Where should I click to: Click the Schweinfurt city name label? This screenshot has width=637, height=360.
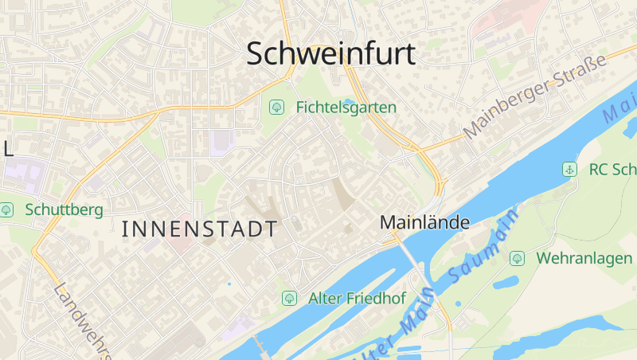coord(330,54)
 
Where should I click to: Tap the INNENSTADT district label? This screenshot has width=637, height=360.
coord(200,229)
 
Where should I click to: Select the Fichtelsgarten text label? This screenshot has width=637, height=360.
coord(346,106)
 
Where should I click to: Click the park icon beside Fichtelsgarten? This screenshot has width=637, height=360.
coord(277,106)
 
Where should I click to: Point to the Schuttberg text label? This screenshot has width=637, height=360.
coord(64,209)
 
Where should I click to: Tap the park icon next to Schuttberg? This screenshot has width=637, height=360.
coord(7,209)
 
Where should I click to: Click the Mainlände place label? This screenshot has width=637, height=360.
coord(425,223)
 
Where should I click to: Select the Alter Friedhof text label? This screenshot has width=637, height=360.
coord(357,299)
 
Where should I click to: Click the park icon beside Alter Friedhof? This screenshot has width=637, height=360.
coord(289,299)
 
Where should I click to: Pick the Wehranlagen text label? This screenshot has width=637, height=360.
coord(584,258)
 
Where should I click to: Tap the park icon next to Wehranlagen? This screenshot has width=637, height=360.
coord(517,258)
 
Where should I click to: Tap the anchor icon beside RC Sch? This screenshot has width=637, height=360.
coord(569,169)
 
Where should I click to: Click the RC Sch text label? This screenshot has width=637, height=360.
coord(611,169)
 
